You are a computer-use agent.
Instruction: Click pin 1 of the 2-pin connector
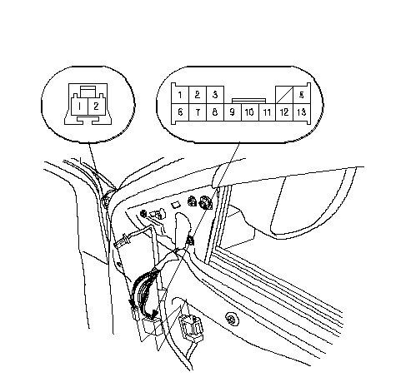pyautogui.click(x=79, y=107)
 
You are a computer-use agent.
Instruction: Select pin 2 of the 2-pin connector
pyautogui.click(x=96, y=107)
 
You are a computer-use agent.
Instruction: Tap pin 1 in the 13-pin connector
pyautogui.click(x=180, y=95)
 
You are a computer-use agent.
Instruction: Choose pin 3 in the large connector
pyautogui.click(x=215, y=95)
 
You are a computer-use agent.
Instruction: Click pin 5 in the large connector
pyautogui.click(x=302, y=95)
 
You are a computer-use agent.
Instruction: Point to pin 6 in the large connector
pyautogui.click(x=180, y=112)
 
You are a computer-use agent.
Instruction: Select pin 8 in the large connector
pyautogui.click(x=215, y=112)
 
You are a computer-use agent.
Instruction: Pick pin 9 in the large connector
pyautogui.click(x=233, y=112)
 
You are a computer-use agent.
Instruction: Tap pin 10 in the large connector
pyautogui.click(x=250, y=112)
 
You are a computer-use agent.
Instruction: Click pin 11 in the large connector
pyautogui.click(x=267, y=112)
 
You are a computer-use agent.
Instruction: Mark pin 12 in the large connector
pyautogui.click(x=284, y=112)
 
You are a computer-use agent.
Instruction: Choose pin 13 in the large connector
pyautogui.click(x=302, y=112)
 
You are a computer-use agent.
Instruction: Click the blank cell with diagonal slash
pyautogui.click(x=284, y=95)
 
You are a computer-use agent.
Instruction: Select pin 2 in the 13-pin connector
pyautogui.click(x=198, y=95)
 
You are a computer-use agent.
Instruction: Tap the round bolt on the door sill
pyautogui.click(x=232, y=318)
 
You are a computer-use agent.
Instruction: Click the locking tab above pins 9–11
pyautogui.click(x=249, y=101)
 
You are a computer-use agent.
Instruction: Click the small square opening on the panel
pyautogui.click(x=176, y=205)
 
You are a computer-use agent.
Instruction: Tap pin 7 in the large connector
pyautogui.click(x=198, y=112)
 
